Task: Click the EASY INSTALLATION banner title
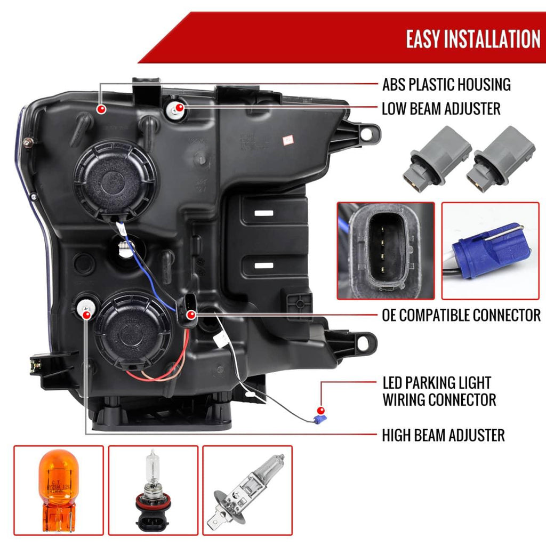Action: coord(472,39)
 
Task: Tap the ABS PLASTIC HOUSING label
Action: coord(446,84)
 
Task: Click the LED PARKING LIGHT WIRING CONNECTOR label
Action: coord(439,391)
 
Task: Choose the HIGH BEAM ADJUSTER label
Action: coord(443,435)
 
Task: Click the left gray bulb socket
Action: coord(440,158)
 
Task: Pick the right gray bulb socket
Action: coord(504,157)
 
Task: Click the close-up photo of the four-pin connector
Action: coord(386,250)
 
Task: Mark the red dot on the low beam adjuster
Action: coord(180,109)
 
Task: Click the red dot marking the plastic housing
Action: coord(100,110)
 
